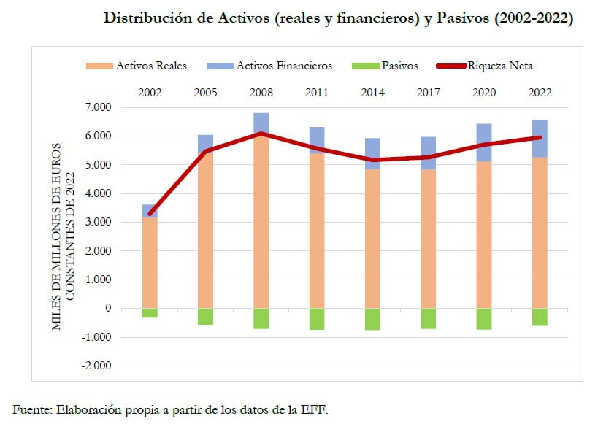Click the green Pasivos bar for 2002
150,312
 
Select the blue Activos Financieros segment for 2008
261,123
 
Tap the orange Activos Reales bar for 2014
372,239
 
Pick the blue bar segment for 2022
540,138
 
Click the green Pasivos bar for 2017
428,318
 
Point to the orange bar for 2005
205,232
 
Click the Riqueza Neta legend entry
485,66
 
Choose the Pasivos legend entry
387,66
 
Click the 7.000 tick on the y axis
96,107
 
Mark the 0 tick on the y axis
107,308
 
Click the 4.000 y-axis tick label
96,193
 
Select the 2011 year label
317,93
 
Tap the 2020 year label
484,93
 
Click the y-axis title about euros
64,236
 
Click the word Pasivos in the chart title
463,18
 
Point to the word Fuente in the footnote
31,409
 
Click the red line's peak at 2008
261,134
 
